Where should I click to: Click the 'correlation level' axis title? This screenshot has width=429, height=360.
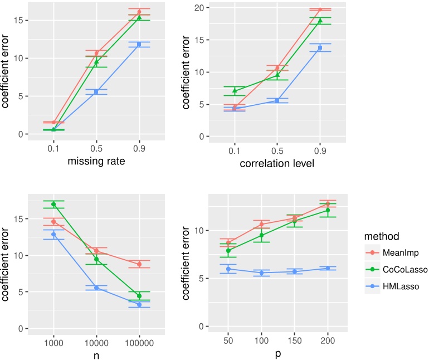coord(277,164)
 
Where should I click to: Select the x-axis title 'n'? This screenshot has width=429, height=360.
coord(96,352)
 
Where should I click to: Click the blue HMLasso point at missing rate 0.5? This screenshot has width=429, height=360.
coord(96,92)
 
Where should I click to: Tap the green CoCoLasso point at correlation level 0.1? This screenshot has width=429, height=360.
coord(235,91)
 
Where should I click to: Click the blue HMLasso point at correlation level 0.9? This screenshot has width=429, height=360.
coord(320,48)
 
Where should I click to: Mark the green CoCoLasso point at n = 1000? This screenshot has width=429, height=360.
coord(53,205)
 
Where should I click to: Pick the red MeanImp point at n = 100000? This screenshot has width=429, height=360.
coord(139,264)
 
